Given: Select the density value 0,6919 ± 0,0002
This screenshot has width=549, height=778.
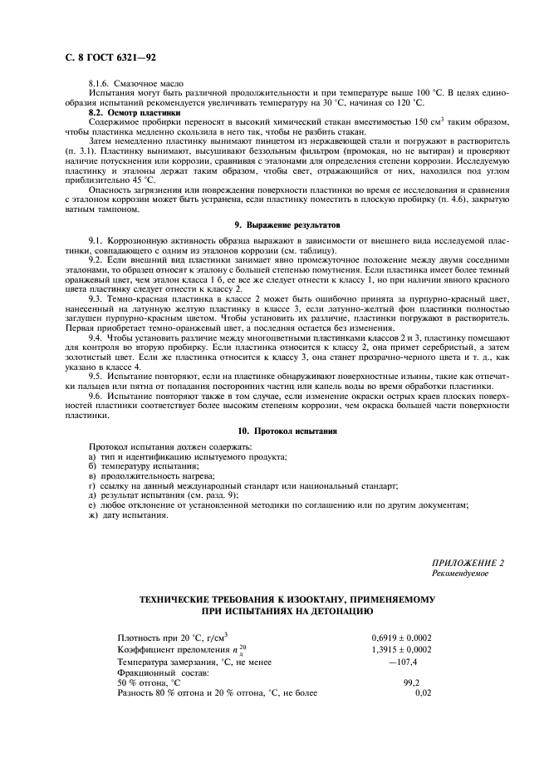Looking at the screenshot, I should [x=401, y=638].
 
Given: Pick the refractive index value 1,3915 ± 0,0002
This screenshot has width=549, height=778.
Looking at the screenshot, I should [x=401, y=648].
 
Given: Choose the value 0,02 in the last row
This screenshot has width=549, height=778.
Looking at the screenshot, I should [x=423, y=692].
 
